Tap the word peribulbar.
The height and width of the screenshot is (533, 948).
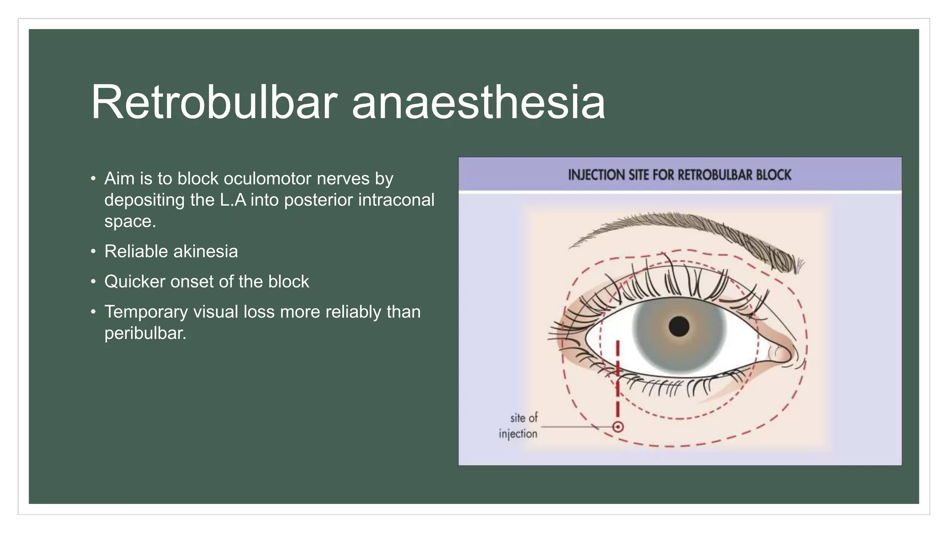145,333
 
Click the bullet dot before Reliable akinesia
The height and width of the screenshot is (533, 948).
94,252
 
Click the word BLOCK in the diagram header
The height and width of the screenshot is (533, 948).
773,175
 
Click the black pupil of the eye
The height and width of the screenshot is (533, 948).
679,327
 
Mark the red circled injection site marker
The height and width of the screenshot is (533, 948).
617,427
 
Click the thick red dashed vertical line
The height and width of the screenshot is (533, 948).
617,379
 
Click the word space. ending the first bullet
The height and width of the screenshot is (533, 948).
130,222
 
